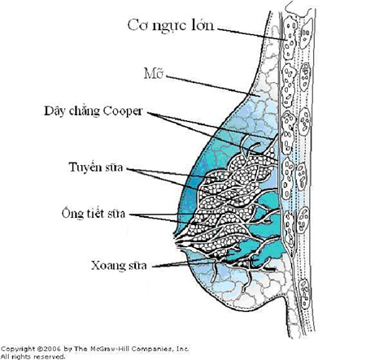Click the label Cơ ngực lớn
tap(171, 25)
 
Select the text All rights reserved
tap(33, 355)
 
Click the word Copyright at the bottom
tap(16, 346)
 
